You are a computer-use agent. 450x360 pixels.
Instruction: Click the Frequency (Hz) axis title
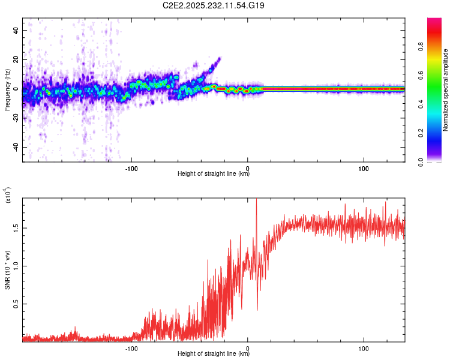7,91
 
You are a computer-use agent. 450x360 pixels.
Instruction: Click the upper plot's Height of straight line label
214,174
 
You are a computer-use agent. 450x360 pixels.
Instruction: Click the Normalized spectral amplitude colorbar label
445,90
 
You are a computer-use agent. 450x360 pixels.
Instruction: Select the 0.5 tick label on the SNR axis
14,305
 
